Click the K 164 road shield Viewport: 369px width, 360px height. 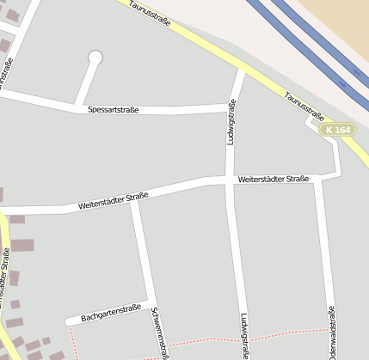pyautogui.click(x=337, y=130)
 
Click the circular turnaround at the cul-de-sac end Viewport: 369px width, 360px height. pyautogui.click(x=95, y=58)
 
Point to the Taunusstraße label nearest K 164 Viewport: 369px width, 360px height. pyautogui.click(x=304, y=107)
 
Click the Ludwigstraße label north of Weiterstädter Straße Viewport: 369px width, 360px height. pyautogui.click(x=231, y=122)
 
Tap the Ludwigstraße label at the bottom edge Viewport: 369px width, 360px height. pyautogui.click(x=244, y=334)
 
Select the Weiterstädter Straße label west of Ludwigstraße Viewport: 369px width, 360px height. pyautogui.click(x=113, y=201)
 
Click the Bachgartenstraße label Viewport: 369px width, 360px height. pyautogui.click(x=110, y=313)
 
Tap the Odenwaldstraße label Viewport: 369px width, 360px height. pyautogui.click(x=329, y=331)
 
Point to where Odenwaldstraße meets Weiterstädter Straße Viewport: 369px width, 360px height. pyautogui.click(x=319, y=179)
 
